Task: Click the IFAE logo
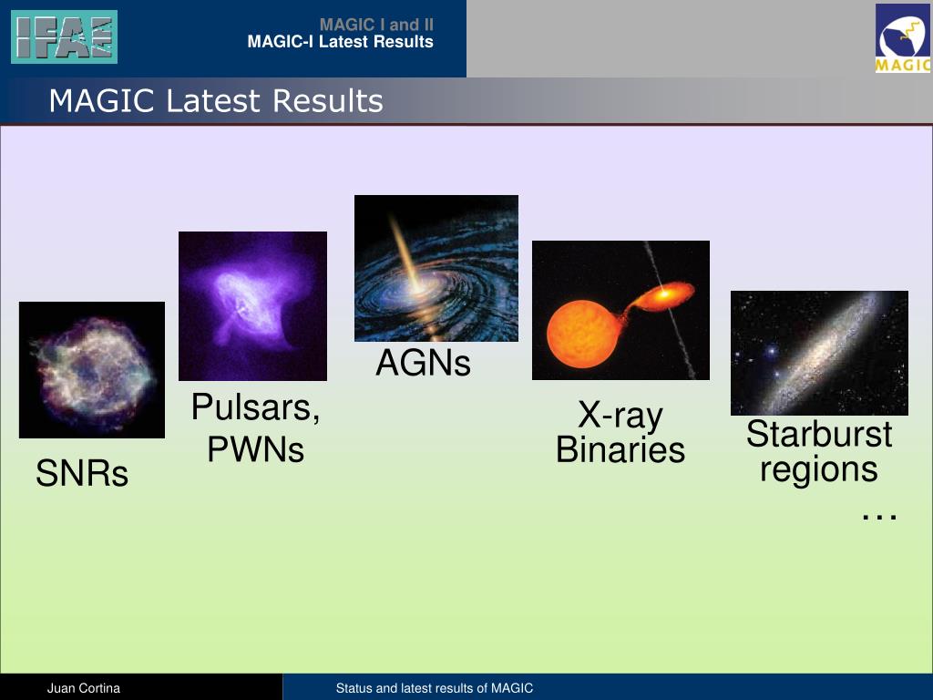(x=65, y=36)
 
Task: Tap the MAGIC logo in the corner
(x=903, y=38)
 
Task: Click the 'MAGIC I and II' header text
(x=376, y=25)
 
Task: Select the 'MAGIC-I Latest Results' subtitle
(x=341, y=42)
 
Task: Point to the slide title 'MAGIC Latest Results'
(x=216, y=100)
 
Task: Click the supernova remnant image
(x=92, y=370)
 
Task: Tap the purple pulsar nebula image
(x=253, y=306)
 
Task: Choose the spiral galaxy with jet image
(x=436, y=269)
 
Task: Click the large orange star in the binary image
(x=584, y=334)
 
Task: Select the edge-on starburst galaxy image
(x=819, y=353)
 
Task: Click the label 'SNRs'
(x=82, y=473)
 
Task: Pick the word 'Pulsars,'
(x=256, y=407)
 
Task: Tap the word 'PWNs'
(x=256, y=449)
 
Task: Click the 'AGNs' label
(x=423, y=363)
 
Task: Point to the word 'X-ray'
(x=620, y=416)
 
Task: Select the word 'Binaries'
(x=620, y=449)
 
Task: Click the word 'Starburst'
(x=819, y=433)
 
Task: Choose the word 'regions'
(x=819, y=470)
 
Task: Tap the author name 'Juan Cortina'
(x=84, y=688)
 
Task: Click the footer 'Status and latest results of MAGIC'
(x=435, y=688)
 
